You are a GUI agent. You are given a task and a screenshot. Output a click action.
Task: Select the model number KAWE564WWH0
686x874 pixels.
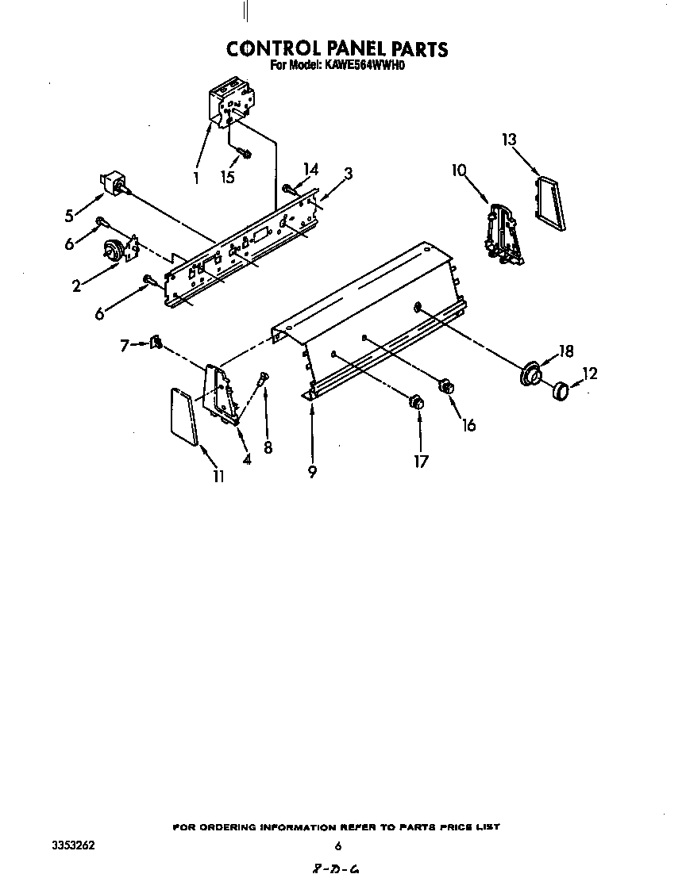tap(362, 65)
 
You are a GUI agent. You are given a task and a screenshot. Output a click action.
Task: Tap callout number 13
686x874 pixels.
tap(509, 140)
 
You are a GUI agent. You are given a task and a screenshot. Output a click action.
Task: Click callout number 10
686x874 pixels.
tap(460, 170)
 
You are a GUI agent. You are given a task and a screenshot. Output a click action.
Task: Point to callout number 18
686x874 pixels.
tap(566, 351)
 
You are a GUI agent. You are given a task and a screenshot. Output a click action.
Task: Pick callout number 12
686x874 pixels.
tap(590, 374)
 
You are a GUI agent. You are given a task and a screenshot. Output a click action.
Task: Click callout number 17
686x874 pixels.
tap(421, 461)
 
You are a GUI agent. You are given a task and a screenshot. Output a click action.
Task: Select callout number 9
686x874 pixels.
tap(313, 472)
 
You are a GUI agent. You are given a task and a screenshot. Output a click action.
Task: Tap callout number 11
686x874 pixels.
tap(219, 476)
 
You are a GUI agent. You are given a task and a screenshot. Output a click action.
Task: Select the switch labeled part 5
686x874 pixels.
tap(114, 183)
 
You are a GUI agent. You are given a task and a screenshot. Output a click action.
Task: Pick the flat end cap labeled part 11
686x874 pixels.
tap(183, 417)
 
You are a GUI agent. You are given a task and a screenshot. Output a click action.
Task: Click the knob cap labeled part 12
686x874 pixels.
tap(560, 391)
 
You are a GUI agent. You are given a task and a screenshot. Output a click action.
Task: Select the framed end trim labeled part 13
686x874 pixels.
tap(550, 203)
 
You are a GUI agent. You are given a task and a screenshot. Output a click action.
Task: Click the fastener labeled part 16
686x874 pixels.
tap(446, 385)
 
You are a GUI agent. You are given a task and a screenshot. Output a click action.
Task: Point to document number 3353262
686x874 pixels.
tap(73, 845)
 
